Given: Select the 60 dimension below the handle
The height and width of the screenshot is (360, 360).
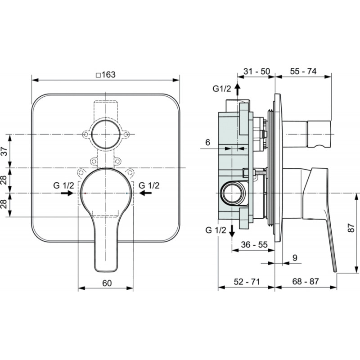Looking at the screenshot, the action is pos(107,283).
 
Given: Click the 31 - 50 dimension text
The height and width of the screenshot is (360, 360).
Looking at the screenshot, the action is pos(256,72).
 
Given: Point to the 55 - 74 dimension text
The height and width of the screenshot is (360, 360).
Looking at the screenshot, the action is pos(303,71).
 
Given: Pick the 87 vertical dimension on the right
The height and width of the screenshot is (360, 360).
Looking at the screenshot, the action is pos(351,228).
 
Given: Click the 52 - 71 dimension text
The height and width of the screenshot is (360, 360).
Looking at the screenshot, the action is pos(247,282).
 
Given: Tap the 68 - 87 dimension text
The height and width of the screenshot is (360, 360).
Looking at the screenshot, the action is pos(306,281).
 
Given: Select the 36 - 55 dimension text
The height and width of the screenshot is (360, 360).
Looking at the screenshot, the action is pos(254,244).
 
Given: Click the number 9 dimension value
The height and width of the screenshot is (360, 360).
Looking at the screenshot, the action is pos(295,257).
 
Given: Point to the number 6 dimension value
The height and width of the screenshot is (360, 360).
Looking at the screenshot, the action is pos(207,142).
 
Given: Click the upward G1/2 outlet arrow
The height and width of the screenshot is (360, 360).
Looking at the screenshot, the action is pos(238,89).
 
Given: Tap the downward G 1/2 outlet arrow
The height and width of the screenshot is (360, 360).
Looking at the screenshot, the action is pos(232,231).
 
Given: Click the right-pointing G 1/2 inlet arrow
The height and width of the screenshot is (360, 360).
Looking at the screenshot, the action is pos(67,193).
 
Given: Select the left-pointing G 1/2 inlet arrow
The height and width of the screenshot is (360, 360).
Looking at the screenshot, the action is pos(145,193).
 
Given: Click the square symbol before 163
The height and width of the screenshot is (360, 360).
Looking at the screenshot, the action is pos(98,75).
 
